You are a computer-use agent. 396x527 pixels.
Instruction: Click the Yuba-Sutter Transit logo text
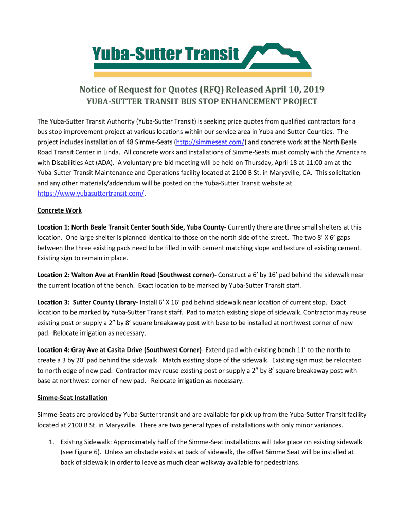click(x=166, y=54)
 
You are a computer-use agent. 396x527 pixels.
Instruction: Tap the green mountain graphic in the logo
click(x=278, y=56)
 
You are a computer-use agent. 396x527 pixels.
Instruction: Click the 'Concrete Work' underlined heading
click(x=60, y=210)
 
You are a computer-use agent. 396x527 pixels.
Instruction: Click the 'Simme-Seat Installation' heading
click(x=73, y=397)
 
